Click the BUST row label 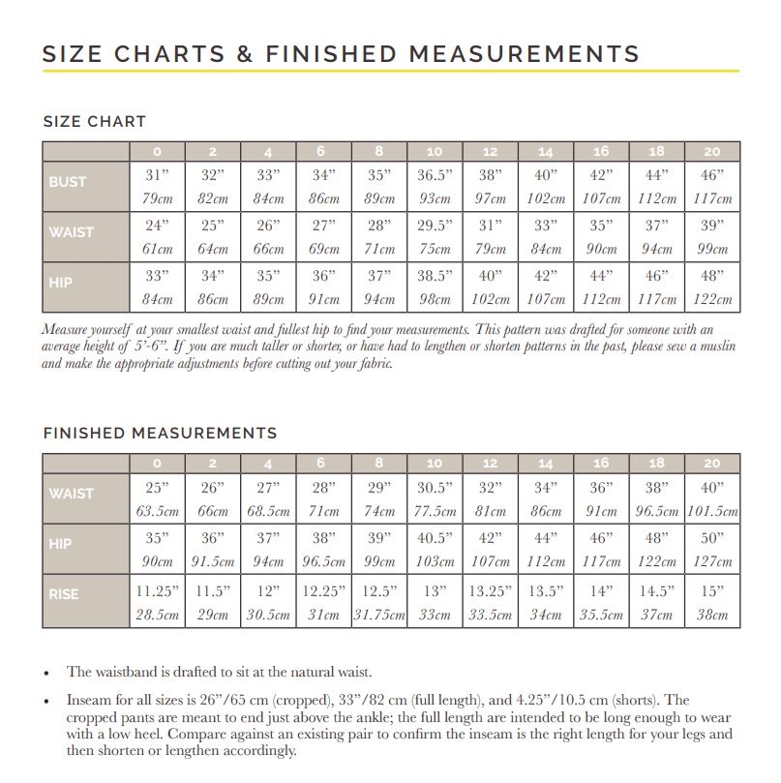[68, 181]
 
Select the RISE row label [65, 594]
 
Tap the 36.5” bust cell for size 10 [435, 176]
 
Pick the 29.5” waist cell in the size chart [435, 226]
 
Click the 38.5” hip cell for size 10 [435, 276]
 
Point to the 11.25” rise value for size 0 [158, 590]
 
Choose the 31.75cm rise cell [379, 615]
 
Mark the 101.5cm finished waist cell [712, 511]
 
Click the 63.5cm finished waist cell [158, 511]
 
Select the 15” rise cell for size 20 [712, 590]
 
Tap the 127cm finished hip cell [712, 561]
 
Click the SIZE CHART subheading [95, 122]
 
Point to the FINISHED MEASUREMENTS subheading [160, 433]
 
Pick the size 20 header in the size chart [712, 151]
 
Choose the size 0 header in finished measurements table [158, 463]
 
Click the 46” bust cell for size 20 [712, 176]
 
